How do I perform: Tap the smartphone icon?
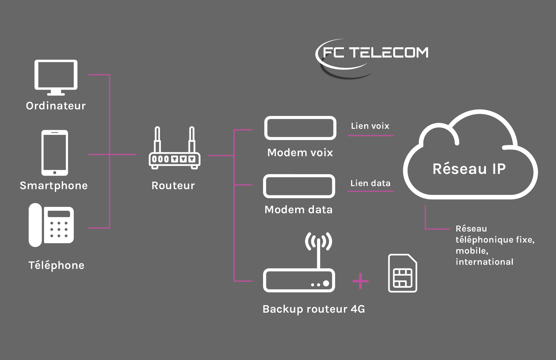55,152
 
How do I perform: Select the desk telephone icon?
51,225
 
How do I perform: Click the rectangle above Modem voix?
300,128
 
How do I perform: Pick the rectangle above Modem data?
299,186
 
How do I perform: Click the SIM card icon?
403,273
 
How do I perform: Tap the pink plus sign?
360,281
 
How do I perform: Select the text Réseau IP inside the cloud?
469,169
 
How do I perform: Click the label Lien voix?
370,126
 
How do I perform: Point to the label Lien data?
370,183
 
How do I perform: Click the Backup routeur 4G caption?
314,309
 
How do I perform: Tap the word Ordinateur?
56,106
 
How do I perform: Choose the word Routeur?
173,186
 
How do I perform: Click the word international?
485,262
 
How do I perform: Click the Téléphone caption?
56,265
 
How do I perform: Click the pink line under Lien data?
370,191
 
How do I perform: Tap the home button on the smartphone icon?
55,173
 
